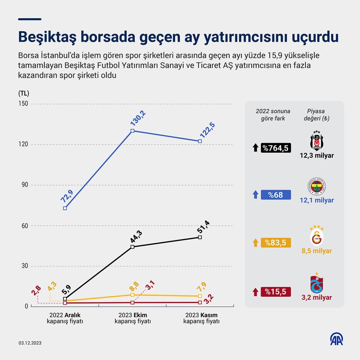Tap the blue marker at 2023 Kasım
(200, 141)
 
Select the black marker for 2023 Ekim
(133, 247)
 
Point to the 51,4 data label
(203, 227)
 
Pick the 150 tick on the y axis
(23, 103)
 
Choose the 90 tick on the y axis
(25, 185)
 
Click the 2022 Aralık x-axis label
(65, 318)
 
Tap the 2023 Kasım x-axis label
(201, 318)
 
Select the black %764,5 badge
(276, 148)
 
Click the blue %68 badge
(276, 195)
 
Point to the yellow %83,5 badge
(276, 243)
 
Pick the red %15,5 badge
(276, 292)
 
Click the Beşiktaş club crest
(316, 141)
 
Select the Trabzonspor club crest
(316, 283)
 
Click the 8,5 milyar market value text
(316, 251)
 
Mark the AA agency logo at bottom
(336, 339)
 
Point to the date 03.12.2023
(30, 343)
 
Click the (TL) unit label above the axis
(24, 93)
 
